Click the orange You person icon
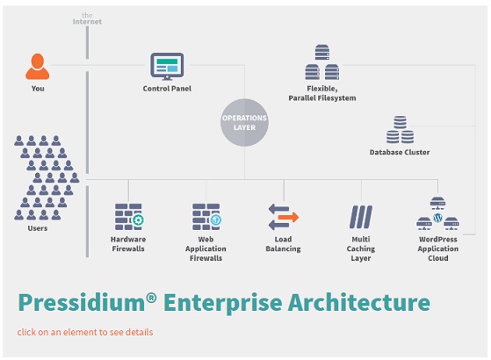tap(37, 67)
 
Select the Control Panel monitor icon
tap(167, 67)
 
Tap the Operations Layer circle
tap(244, 122)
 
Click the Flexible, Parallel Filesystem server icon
tap(322, 62)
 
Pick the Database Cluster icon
tap(400, 130)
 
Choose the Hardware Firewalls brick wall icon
tap(129, 217)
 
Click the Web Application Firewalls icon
tap(206, 217)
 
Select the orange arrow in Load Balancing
tap(288, 217)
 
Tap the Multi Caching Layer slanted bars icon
tap(361, 217)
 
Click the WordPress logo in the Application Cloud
tap(437, 217)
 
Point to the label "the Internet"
tap(87, 18)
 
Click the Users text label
tap(37, 228)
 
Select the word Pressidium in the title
tap(82, 302)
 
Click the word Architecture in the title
tap(359, 302)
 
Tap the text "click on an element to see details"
tap(85, 332)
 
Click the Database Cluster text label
tap(400, 152)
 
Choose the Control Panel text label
tap(167, 89)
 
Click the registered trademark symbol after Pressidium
tap(151, 298)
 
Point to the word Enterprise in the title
tap(222, 303)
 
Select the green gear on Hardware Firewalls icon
tap(138, 220)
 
